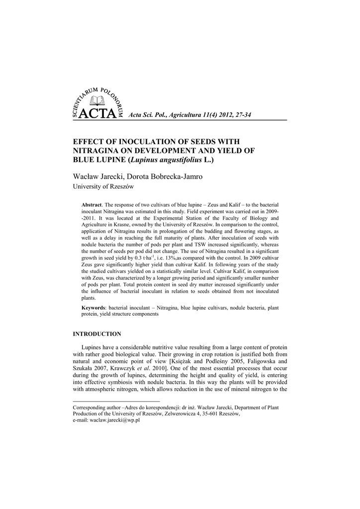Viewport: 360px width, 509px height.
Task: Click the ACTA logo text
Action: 97,114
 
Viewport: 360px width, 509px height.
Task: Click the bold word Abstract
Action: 91,205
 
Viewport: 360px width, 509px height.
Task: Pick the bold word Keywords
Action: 94,308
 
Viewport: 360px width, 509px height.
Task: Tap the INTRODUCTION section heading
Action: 97,334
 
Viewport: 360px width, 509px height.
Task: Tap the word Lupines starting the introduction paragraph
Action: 92,347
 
